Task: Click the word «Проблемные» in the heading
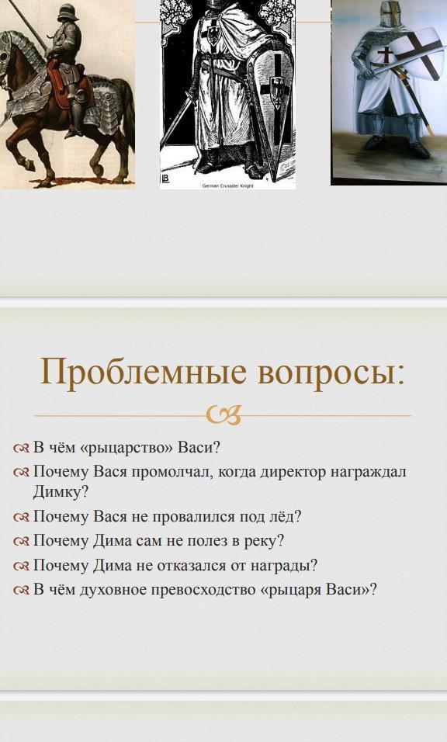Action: [144, 373]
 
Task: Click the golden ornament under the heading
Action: [223, 415]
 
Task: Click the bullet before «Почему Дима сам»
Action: [22, 541]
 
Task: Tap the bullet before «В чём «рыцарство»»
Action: [22, 447]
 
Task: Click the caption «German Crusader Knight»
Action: [228, 186]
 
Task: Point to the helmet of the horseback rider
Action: [68, 12]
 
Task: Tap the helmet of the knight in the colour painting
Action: [390, 14]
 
